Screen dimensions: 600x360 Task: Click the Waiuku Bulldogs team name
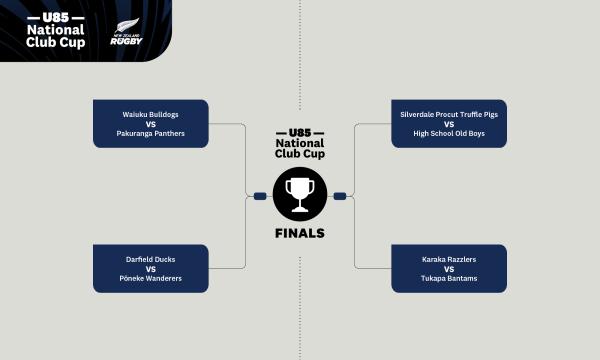[x=150, y=114]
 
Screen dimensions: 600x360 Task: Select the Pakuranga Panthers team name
[x=150, y=134]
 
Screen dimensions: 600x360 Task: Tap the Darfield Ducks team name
[x=150, y=259]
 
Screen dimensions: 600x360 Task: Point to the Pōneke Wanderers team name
[x=150, y=279]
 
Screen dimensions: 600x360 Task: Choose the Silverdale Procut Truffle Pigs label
[x=449, y=114]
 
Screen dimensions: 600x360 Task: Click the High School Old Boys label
[x=449, y=134]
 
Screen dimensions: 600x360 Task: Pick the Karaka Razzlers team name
[x=449, y=259]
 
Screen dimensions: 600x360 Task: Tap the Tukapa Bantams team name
[x=449, y=279]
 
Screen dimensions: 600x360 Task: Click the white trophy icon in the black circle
[x=300, y=195]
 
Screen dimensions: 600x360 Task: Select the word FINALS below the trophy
[x=300, y=233]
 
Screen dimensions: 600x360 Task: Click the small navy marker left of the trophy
[x=260, y=196]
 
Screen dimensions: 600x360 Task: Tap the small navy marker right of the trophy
[x=340, y=196]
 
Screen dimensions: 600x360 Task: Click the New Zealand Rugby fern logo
[x=126, y=31]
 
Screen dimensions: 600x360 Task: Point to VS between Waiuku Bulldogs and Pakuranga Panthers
[x=151, y=124]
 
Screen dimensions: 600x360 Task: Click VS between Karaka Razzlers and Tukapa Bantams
[x=449, y=269]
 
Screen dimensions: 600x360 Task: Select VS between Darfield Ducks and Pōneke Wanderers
[x=151, y=269]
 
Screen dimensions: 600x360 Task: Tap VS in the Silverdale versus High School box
[x=449, y=124]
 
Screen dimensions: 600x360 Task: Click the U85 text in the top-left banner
[x=56, y=17]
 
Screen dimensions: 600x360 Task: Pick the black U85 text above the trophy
[x=300, y=133]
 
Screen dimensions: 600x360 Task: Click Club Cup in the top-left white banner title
[x=55, y=42]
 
